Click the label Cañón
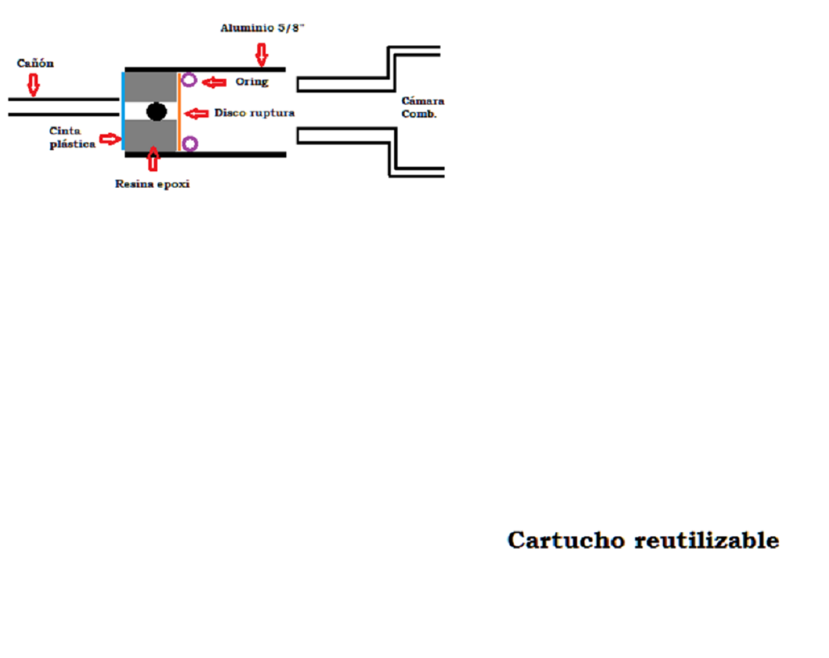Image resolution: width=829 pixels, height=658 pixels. pyautogui.click(x=35, y=63)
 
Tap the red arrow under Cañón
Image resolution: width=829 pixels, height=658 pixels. pyautogui.click(x=33, y=85)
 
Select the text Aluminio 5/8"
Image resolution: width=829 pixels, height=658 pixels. pyautogui.click(x=262, y=28)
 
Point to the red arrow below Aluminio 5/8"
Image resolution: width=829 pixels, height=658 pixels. pyautogui.click(x=261, y=54)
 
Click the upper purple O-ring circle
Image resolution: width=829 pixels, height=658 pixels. pyautogui.click(x=189, y=80)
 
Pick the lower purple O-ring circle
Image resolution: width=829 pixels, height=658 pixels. pyautogui.click(x=190, y=144)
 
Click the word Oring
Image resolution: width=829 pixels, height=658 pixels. pyautogui.click(x=252, y=82)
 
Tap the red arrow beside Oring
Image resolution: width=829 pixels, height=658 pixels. pyautogui.click(x=214, y=82)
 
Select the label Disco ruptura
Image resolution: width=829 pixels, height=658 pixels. pyautogui.click(x=254, y=113)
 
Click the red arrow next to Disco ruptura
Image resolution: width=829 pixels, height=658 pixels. pyautogui.click(x=197, y=113)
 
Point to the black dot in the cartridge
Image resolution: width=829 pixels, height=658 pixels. pyautogui.click(x=157, y=112)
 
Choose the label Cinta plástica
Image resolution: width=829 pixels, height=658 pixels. pyautogui.click(x=72, y=137)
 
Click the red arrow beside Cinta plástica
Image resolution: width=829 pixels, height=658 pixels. pyautogui.click(x=110, y=138)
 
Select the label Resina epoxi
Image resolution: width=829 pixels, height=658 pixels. pyautogui.click(x=152, y=184)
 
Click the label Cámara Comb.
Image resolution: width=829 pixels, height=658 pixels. pyautogui.click(x=422, y=107)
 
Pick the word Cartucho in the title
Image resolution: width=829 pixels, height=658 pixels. pyautogui.click(x=566, y=540)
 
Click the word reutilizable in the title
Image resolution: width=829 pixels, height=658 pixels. pyautogui.click(x=707, y=540)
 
